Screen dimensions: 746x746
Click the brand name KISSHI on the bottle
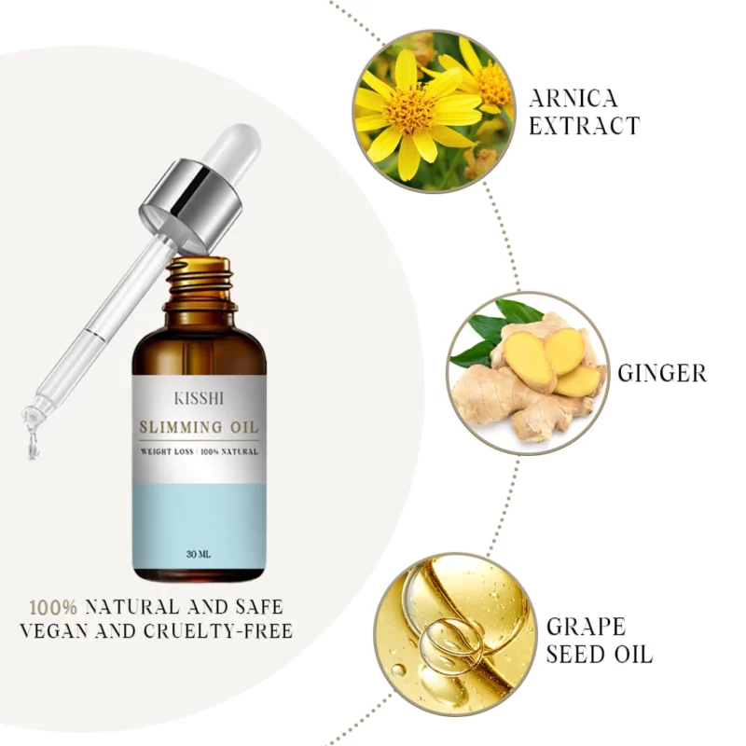coord(199,398)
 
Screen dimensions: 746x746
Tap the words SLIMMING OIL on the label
coord(199,427)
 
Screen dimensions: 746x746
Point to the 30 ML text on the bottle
coord(199,554)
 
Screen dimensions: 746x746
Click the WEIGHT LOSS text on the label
coord(167,451)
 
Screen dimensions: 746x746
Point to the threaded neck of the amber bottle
coord(200,281)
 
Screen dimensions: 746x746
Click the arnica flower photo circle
coord(434,112)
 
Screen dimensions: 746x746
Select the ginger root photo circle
coord(528,373)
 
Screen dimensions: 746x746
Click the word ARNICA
coord(573,99)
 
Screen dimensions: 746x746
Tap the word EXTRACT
coord(585,126)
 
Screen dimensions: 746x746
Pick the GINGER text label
coord(662,373)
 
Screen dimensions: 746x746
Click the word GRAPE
coord(586,627)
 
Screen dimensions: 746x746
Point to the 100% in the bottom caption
coord(53,607)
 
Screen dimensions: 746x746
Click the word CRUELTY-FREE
coord(218,631)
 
